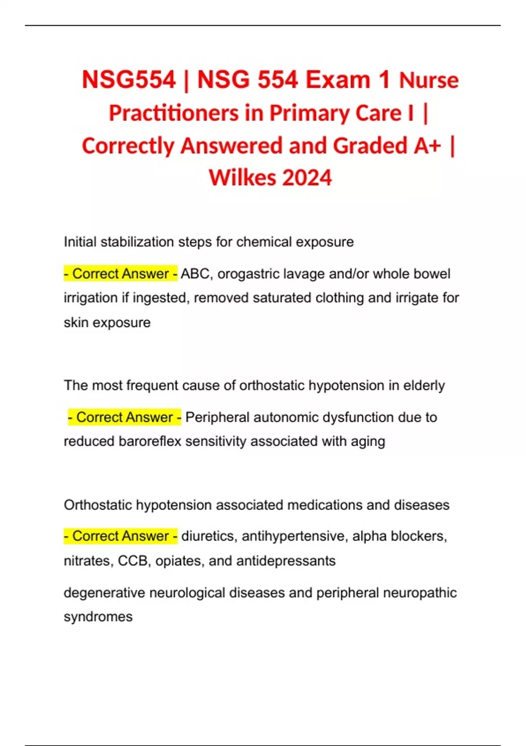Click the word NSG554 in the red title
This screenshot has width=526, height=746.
[129, 80]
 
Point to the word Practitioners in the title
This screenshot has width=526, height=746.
[174, 113]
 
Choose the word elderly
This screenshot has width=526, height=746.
[424, 385]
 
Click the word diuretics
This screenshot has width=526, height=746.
[207, 536]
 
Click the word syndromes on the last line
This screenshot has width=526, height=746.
[98, 617]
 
